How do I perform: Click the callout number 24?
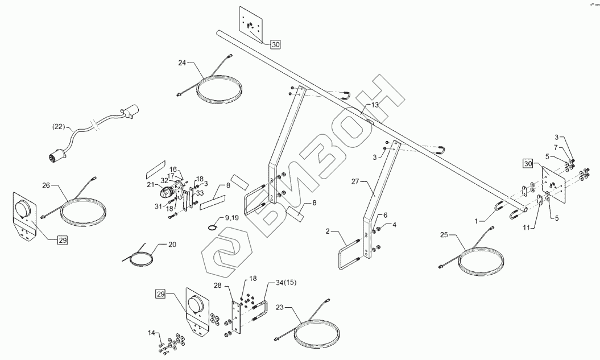(x=182, y=63)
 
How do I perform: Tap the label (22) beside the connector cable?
(x=59, y=126)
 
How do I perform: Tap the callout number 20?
(x=172, y=245)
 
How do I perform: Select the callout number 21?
(x=150, y=185)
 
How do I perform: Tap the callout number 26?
(x=47, y=185)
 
